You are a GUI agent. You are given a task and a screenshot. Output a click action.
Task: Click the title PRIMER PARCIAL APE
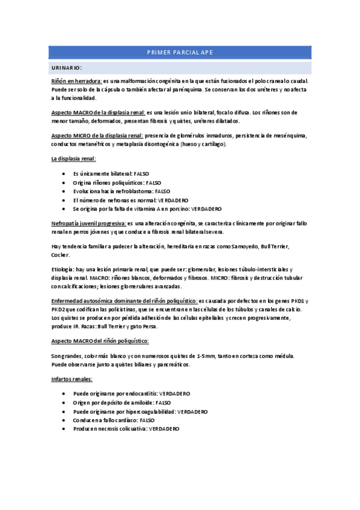[x=180, y=53]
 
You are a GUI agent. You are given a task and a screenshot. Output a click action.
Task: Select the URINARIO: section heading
[x=67, y=67]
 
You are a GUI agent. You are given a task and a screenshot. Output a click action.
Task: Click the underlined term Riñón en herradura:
[x=76, y=81]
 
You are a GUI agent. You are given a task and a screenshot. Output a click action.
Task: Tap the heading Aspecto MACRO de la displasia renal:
[x=98, y=112]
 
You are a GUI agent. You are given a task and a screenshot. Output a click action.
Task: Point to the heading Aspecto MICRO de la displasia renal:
[x=97, y=136]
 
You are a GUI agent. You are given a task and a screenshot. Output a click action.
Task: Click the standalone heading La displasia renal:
[x=73, y=159]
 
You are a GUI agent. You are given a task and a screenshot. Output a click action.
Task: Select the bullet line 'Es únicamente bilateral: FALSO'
[x=111, y=173]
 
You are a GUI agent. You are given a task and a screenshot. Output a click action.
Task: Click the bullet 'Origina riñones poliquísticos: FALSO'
[x=117, y=182]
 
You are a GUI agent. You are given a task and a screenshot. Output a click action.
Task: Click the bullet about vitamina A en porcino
[x=147, y=209]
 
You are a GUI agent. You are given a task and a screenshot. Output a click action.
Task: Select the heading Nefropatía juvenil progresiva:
[x=88, y=223]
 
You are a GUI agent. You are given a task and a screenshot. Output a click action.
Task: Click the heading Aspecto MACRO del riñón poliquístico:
[x=100, y=341]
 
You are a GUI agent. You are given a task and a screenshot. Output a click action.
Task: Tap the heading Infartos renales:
[x=72, y=379]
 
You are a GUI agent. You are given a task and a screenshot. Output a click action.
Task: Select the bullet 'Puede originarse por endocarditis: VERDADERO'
[x=132, y=393]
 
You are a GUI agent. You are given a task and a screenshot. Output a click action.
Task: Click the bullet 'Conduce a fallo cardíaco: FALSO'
[x=114, y=420]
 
